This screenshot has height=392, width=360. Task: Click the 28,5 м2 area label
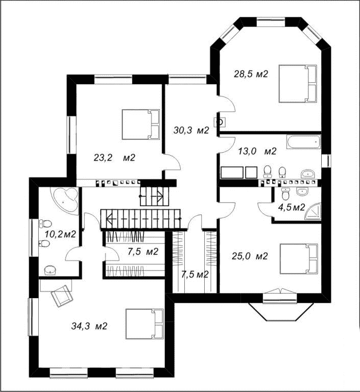[x=251, y=74]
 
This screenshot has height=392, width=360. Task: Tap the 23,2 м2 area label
[x=114, y=158]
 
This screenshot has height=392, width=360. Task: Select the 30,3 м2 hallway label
[x=191, y=130]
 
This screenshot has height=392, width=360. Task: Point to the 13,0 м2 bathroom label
[x=257, y=151]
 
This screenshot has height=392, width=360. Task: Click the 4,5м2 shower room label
[x=292, y=207]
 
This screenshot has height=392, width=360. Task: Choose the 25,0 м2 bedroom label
[x=250, y=256]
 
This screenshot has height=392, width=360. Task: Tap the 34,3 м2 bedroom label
[x=89, y=326]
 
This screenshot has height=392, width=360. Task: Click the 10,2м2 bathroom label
[x=60, y=234]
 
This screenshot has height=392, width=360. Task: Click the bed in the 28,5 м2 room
[x=298, y=84]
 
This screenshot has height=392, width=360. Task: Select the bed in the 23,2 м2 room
[x=141, y=124]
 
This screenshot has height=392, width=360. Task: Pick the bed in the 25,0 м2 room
[x=299, y=258]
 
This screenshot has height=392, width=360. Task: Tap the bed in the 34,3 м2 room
[x=145, y=324]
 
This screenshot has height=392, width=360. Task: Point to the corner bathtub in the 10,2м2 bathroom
[x=64, y=199]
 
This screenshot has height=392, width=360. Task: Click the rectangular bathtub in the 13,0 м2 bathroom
[x=304, y=142]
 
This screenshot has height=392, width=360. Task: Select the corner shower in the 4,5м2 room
[x=313, y=211]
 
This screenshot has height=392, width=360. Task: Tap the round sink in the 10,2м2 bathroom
[x=50, y=270]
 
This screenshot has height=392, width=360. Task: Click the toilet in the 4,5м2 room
[x=285, y=193]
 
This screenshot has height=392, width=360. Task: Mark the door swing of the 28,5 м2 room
[x=227, y=104]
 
